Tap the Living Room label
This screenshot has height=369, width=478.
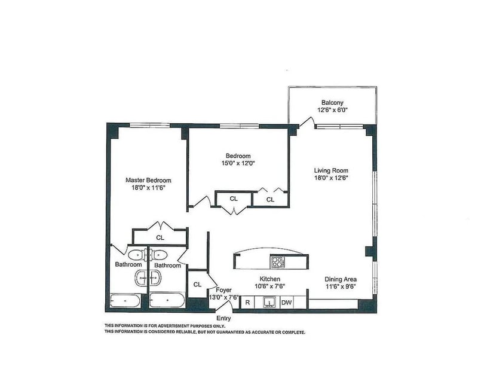tap(331, 170)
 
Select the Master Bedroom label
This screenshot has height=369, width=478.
tap(148, 180)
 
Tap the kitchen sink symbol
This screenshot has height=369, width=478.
tap(270, 303)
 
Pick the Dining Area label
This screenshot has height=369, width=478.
tap(341, 279)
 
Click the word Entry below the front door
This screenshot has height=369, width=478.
tap(223, 318)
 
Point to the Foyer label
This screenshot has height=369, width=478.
tap(223, 289)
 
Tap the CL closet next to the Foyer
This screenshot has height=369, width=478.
tap(197, 285)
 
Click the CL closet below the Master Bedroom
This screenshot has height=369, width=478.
tap(160, 237)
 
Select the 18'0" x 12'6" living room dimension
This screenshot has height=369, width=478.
tap(332, 178)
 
